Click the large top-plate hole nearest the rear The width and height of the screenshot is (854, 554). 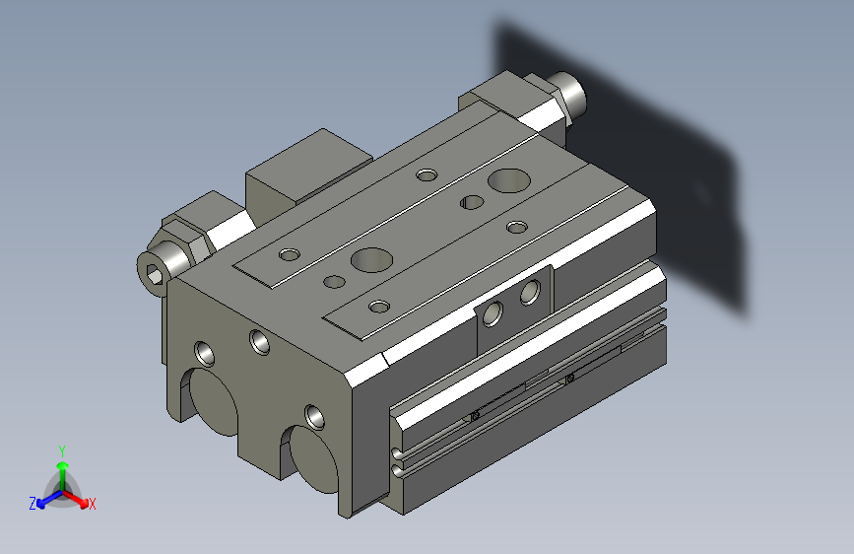click(508, 180)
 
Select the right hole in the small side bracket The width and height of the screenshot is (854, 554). click(530, 291)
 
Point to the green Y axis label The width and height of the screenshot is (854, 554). click(61, 450)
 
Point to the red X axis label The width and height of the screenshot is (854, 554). click(93, 504)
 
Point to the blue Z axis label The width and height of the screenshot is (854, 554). click(32, 504)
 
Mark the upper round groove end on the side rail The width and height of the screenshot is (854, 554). click(396, 454)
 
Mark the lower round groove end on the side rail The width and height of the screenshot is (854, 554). click(396, 471)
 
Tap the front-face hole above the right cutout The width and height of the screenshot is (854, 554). click(313, 414)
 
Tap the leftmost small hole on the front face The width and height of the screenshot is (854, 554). click(203, 351)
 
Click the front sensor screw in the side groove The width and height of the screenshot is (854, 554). click(474, 416)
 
